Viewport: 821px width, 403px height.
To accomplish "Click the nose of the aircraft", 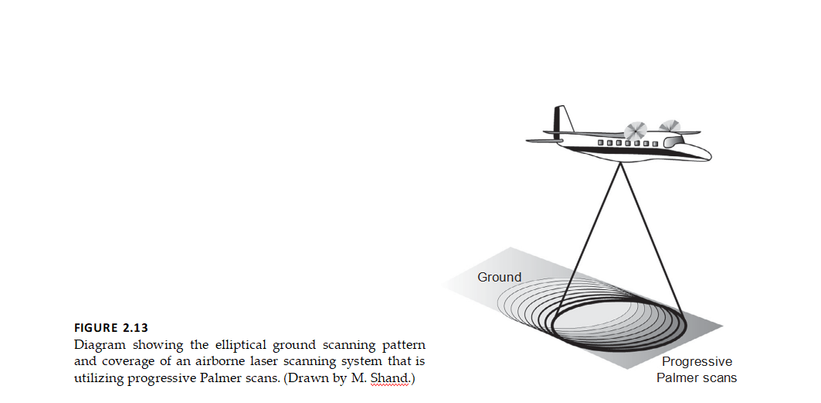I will [x=707, y=151].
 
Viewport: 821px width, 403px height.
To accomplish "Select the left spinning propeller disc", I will [x=636, y=131].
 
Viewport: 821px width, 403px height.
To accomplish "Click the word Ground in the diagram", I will [x=499, y=277].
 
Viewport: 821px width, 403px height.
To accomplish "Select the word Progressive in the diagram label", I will [x=697, y=362].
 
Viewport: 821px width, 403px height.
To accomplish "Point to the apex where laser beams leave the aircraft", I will [x=619, y=164].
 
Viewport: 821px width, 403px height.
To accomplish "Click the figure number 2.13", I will [x=131, y=328].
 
